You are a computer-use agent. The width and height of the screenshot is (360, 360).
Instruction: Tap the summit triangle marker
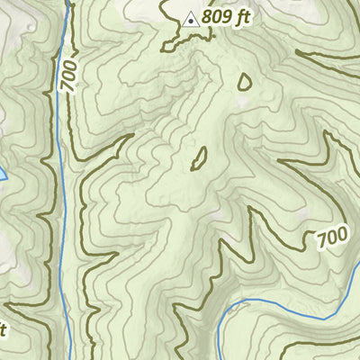[190, 18]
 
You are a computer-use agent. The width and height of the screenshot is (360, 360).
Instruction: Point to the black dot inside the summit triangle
[190, 19]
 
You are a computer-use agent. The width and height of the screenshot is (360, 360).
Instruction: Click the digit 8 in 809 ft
[207, 17]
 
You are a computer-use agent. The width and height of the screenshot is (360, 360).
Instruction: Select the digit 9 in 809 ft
[225, 17]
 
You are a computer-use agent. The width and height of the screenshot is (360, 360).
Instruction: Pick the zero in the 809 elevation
[216, 17]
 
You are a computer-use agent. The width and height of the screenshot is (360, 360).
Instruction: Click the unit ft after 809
[239, 17]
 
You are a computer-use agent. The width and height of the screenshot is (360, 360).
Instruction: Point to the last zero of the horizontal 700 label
[342, 237]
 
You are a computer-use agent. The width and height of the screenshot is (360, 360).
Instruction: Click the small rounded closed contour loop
[244, 81]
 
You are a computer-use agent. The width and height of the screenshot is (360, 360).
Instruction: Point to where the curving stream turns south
[225, 310]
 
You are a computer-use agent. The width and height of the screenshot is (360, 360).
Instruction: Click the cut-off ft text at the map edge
[3, 329]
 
